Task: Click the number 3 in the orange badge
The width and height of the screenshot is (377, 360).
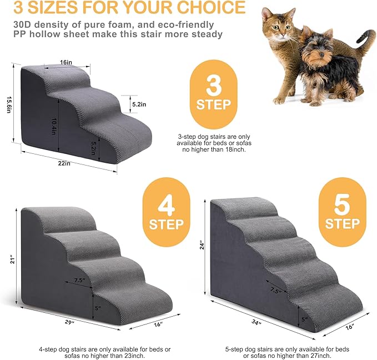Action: (x=213, y=87)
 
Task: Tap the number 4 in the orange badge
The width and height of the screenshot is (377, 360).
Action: (x=166, y=206)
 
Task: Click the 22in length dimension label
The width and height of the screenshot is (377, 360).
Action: (x=65, y=163)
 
